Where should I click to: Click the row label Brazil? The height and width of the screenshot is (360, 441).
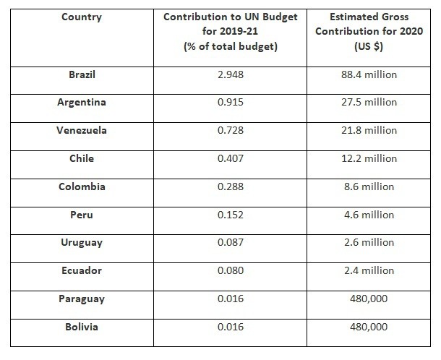[x=82, y=74]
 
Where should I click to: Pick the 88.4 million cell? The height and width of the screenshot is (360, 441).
[x=371, y=74]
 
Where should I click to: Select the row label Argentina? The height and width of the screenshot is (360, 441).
[x=82, y=102]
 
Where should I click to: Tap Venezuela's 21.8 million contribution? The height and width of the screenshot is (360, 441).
[x=371, y=130]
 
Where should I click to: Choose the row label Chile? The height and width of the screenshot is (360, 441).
[x=82, y=158]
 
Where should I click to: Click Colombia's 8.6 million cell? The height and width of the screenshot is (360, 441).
[x=371, y=187]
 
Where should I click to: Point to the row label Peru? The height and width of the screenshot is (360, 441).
[x=82, y=215]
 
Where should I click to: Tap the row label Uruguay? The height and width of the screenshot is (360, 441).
[x=82, y=243]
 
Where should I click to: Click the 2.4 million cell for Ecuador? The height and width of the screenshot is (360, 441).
[x=371, y=271]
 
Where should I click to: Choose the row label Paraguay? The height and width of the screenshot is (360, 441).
[x=82, y=299]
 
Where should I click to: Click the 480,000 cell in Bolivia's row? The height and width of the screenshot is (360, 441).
[x=371, y=327]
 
